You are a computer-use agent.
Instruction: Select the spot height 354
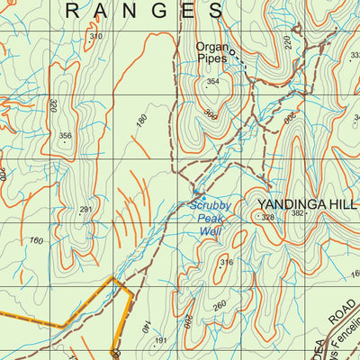click(x=212, y=82)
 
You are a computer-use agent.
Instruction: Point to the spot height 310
click(x=95, y=36)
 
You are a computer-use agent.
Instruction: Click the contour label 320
click(x=54, y=104)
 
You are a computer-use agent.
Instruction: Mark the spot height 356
click(x=65, y=137)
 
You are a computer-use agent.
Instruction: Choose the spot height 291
click(x=85, y=210)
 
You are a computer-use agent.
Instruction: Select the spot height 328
click(x=267, y=217)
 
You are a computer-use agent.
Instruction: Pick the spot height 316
click(x=226, y=263)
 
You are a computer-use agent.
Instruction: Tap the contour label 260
click(x=219, y=305)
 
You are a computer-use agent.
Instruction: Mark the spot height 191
click(x=161, y=340)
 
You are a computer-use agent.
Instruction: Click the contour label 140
click(x=144, y=331)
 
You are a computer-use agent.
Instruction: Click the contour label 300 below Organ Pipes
click(x=211, y=115)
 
